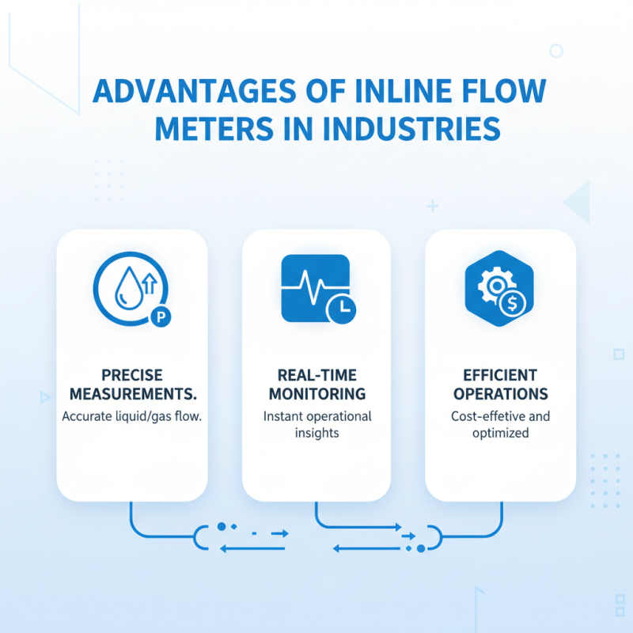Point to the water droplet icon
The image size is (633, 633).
click(126, 289)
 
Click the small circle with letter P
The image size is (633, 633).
click(161, 317)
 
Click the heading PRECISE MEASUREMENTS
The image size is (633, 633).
click(132, 384)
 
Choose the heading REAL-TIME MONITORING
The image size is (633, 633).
click(316, 384)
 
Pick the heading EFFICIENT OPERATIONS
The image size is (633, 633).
click(500, 384)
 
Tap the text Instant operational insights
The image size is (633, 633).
click(316, 425)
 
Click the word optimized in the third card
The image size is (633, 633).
click(500, 434)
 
